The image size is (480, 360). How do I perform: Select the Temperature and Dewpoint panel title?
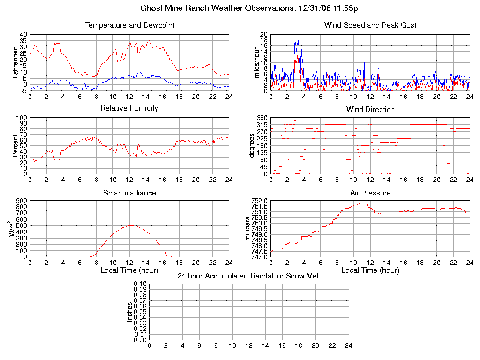(129, 25)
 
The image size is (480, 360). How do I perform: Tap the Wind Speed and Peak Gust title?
(370, 25)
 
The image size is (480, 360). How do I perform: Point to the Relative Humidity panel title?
(129, 108)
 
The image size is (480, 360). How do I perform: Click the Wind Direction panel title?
(370, 109)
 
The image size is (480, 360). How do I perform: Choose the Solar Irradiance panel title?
(129, 193)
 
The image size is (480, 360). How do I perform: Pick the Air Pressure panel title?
(370, 193)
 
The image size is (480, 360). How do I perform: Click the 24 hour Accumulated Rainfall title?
(249, 276)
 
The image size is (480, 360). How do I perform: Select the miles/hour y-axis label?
(256, 62)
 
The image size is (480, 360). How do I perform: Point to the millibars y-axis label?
(248, 228)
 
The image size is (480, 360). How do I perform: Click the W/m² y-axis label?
(15, 228)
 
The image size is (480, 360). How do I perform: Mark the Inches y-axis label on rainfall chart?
(130, 312)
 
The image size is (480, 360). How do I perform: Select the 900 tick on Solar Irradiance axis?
(22, 201)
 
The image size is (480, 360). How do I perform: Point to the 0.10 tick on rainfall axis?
(140, 284)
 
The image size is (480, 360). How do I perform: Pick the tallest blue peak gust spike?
(296, 41)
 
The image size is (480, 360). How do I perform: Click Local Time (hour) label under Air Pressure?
(370, 270)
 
